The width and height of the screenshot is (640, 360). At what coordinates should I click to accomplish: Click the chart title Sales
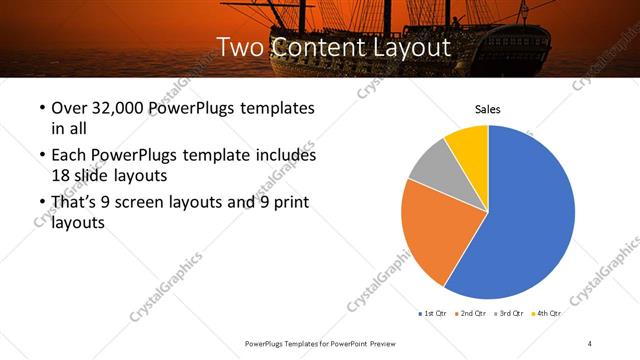487,110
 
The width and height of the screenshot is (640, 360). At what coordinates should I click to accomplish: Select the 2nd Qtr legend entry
471,313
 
